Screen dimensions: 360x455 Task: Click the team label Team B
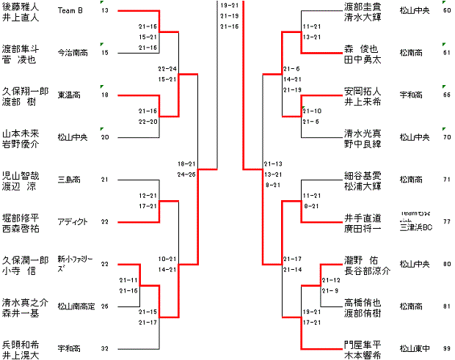(x=70, y=10)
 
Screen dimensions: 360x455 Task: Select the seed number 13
(x=105, y=11)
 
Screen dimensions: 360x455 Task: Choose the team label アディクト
(x=72, y=222)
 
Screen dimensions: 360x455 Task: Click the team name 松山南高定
(x=76, y=306)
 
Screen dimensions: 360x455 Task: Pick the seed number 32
(x=105, y=348)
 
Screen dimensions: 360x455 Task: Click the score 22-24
(x=167, y=68)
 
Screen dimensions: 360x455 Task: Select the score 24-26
(x=186, y=175)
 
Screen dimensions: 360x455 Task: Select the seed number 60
(x=447, y=11)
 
